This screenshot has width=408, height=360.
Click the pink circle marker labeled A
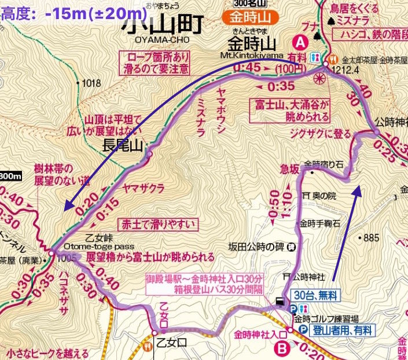tap(300, 42)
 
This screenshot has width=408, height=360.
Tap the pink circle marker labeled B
tap(282, 348)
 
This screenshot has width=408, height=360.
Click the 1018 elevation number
tap(91, 83)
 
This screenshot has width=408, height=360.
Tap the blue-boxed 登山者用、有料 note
tap(344, 330)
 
